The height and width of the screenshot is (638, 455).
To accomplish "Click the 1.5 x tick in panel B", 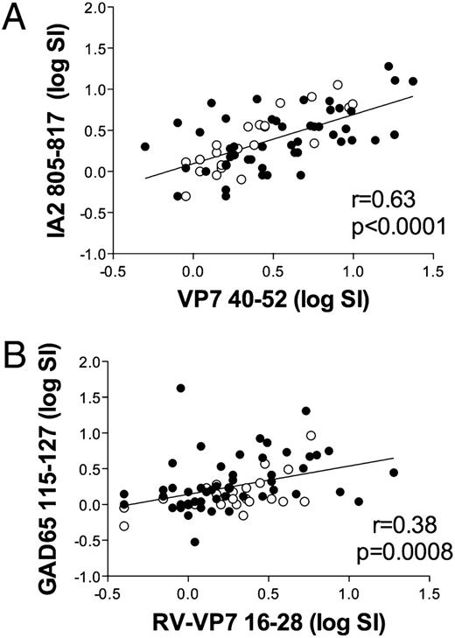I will click(x=429, y=596).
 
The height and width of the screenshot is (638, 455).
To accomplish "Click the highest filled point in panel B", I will click(x=181, y=388).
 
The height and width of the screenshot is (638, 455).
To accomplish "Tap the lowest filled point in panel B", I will click(x=194, y=542).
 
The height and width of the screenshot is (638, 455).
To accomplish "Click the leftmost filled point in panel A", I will click(x=145, y=147).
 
